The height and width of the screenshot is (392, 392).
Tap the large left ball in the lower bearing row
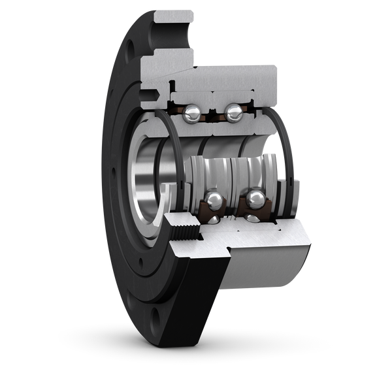[213, 200]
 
